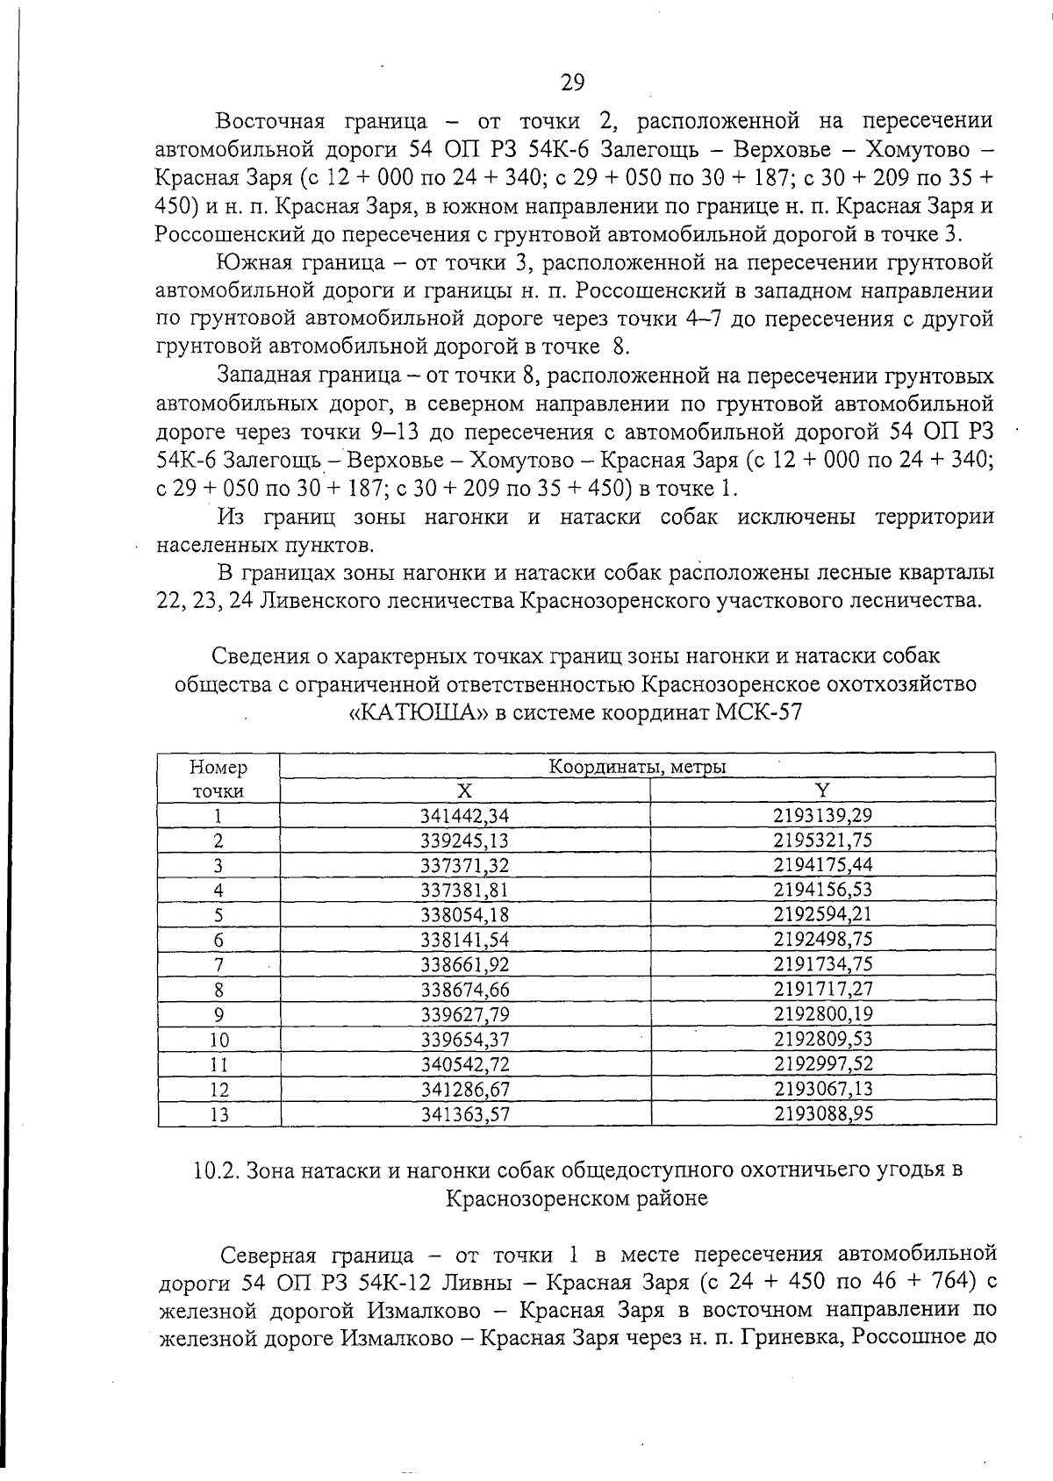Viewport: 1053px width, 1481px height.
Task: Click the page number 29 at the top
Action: [x=571, y=82]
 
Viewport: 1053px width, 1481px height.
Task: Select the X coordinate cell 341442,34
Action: [x=465, y=815]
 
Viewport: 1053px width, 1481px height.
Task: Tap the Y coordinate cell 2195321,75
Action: [x=822, y=840]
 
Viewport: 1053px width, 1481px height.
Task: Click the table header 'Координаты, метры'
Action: [x=637, y=767]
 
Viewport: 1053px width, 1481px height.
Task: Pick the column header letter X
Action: [x=465, y=791]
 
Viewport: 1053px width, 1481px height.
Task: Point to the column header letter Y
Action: [x=822, y=791]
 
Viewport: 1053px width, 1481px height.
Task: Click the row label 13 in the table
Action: [x=219, y=1114]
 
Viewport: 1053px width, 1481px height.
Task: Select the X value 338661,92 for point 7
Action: [x=465, y=964]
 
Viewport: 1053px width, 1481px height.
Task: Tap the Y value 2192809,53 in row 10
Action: [x=822, y=1040]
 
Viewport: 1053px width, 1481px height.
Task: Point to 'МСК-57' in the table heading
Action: [x=759, y=712]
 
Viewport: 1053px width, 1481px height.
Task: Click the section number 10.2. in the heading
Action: [x=216, y=1170]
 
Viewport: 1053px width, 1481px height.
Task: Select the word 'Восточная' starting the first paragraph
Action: [x=270, y=121]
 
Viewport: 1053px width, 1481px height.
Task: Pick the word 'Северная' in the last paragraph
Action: [x=270, y=1253]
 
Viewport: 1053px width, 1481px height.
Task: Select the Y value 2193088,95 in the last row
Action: [x=822, y=1114]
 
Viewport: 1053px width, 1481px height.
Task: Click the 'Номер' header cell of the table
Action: [x=218, y=768]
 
